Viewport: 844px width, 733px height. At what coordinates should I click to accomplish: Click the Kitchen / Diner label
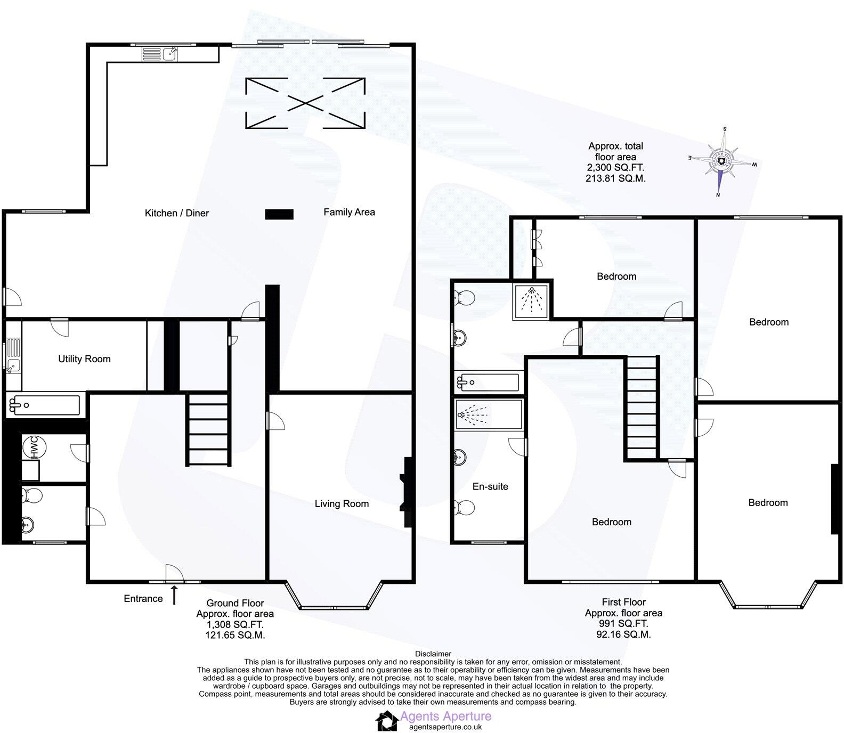176,213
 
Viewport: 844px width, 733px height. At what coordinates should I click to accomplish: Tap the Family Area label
349,212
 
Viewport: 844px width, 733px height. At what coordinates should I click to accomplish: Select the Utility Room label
84,359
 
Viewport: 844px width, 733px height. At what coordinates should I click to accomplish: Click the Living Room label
342,504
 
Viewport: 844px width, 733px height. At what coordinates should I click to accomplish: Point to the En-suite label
490,486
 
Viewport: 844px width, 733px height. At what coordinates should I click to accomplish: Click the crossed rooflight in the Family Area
305,103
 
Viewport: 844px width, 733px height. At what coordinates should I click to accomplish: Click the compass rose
722,162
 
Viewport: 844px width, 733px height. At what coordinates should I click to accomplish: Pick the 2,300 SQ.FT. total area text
615,168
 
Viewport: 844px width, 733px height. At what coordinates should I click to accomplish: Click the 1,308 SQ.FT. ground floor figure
234,624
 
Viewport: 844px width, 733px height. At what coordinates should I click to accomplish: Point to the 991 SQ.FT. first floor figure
623,624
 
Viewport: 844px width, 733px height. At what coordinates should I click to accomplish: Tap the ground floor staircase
208,429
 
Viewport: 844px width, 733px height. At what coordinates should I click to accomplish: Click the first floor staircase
642,408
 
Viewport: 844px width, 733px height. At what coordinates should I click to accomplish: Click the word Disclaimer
433,654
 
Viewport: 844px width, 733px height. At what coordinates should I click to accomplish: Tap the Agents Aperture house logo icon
387,721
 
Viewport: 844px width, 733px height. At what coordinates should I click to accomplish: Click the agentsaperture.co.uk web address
445,727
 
